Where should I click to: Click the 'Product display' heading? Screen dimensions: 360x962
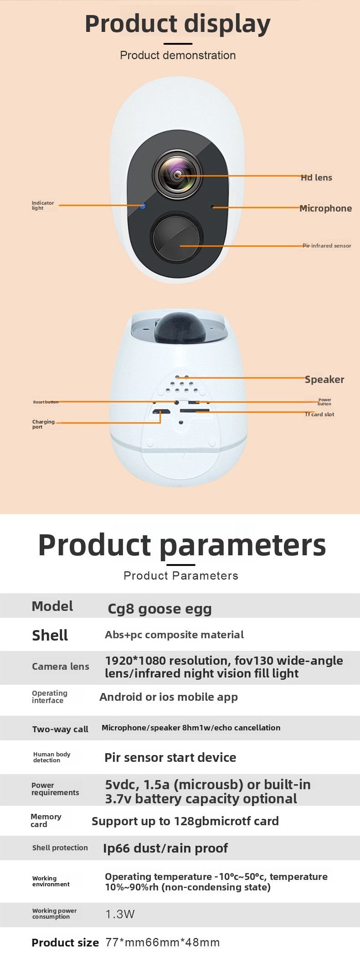coord(178,24)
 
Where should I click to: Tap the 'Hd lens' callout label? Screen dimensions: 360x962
coord(316,177)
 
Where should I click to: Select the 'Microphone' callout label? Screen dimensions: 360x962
coord(325,208)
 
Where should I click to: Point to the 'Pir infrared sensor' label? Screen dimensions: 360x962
coord(327,246)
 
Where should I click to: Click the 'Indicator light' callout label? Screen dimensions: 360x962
coord(43,206)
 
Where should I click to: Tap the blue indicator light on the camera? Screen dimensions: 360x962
coord(143,206)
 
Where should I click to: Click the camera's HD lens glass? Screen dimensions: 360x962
coord(177,175)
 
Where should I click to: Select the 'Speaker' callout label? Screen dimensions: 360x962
coord(324,379)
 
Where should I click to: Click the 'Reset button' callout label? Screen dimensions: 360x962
coord(46,402)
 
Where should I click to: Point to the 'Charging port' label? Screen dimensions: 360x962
coord(43,424)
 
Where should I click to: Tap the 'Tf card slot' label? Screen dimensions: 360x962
coord(319,414)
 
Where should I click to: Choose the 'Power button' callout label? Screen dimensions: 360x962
coord(324,402)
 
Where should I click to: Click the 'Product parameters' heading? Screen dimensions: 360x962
coord(182,545)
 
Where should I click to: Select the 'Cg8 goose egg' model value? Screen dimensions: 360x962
coord(159,609)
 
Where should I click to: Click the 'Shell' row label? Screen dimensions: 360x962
coord(50,635)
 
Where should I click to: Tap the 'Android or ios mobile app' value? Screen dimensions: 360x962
coord(169,697)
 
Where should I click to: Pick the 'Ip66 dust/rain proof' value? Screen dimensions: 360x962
coord(165,848)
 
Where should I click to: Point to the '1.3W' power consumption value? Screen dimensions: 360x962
coord(120,914)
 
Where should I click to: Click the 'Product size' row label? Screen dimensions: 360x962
coord(65,943)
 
